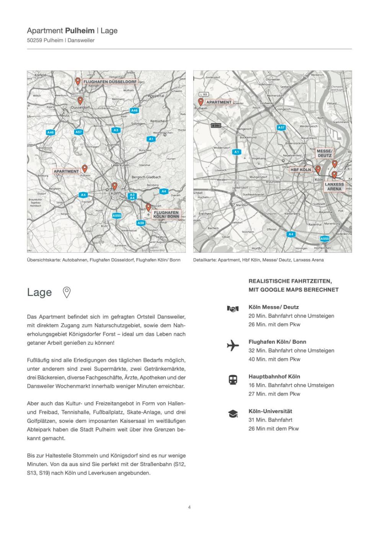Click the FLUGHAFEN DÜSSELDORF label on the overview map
[110, 82]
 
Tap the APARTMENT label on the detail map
[219, 102]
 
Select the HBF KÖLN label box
[301, 170]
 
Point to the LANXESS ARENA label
[334, 186]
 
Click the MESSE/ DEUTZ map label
[325, 153]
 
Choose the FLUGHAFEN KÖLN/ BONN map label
[166, 214]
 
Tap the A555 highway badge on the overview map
[117, 216]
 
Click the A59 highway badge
[141, 223]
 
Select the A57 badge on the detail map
[281, 127]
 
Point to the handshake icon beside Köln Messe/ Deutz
[233, 308]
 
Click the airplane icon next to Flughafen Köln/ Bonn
[233, 346]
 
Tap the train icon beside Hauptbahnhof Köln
[233, 380]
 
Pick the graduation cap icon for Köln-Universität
[233, 414]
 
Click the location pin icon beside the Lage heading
[67, 293]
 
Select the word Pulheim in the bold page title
[80, 31]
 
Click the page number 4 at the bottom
[189, 507]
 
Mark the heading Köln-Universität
[270, 411]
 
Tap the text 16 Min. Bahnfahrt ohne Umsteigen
[291, 385]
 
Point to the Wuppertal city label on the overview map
[156, 96]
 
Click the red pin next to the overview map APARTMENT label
[85, 168]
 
